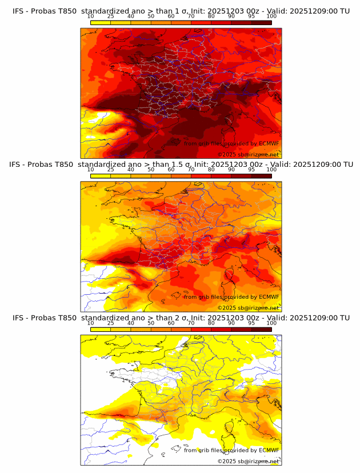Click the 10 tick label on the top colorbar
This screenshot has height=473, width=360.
(90, 16)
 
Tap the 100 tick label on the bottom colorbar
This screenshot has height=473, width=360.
(271, 323)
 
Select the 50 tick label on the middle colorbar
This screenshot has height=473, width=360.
(151, 170)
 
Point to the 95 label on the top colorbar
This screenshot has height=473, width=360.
(251, 16)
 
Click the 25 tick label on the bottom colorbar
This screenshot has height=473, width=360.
(111, 323)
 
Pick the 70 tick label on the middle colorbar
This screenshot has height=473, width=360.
(191, 170)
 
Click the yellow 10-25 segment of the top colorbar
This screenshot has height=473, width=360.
(101, 22)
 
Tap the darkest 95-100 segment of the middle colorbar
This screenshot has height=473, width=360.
(261, 176)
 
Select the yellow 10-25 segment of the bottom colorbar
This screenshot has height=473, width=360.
(101, 329)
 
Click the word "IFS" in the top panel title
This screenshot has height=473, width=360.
(19, 11)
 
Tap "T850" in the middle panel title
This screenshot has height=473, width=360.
(66, 165)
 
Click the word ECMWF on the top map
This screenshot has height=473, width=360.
(269, 143)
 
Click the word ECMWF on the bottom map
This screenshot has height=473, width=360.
(269, 450)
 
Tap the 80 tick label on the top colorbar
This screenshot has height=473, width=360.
(211, 16)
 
